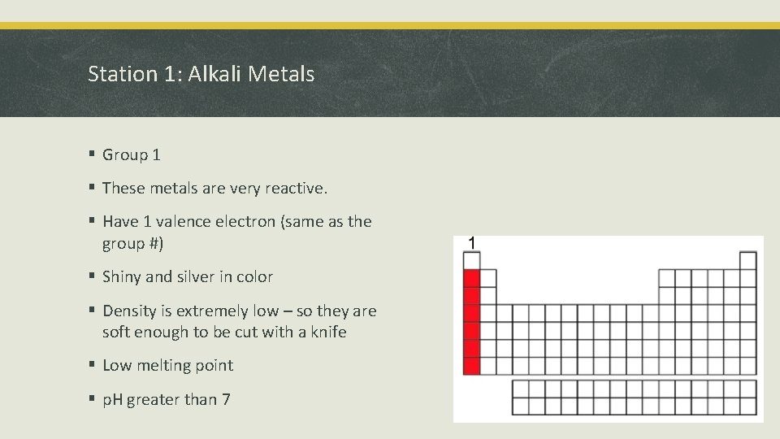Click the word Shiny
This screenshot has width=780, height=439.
coord(122,277)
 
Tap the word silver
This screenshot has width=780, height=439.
coord(192,277)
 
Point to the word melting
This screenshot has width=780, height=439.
coord(165,366)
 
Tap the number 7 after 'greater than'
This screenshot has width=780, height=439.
coord(226,399)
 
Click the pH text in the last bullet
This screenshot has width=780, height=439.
coord(112,399)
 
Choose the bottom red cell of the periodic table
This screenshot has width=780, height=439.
coord(471,366)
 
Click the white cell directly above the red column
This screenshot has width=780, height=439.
coord(471,261)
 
